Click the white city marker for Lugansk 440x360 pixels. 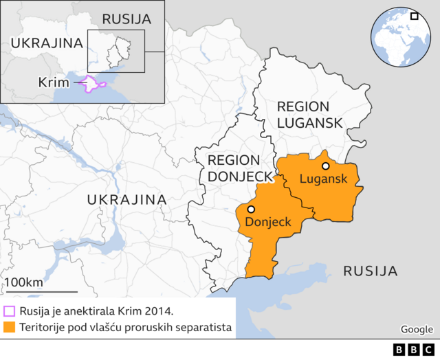point(325,166)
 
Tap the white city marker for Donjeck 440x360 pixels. point(252,210)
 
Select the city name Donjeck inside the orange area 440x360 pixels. point(268,222)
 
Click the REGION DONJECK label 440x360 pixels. point(236,168)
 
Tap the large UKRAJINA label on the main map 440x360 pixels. point(126,199)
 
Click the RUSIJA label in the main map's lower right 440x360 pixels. point(371,271)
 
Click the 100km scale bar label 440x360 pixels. point(24,282)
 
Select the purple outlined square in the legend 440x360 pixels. point(9,311)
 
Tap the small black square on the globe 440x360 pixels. point(414,16)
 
